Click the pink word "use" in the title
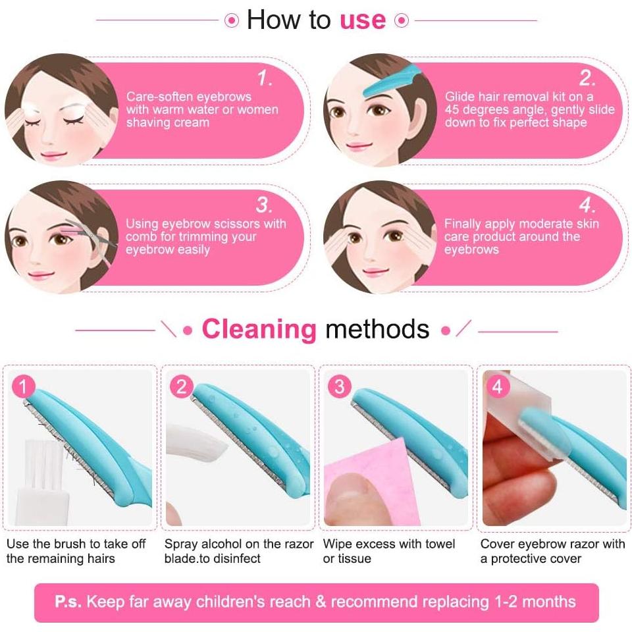point(362,20)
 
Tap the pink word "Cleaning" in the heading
point(259,329)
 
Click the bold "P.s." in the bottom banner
point(68,602)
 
